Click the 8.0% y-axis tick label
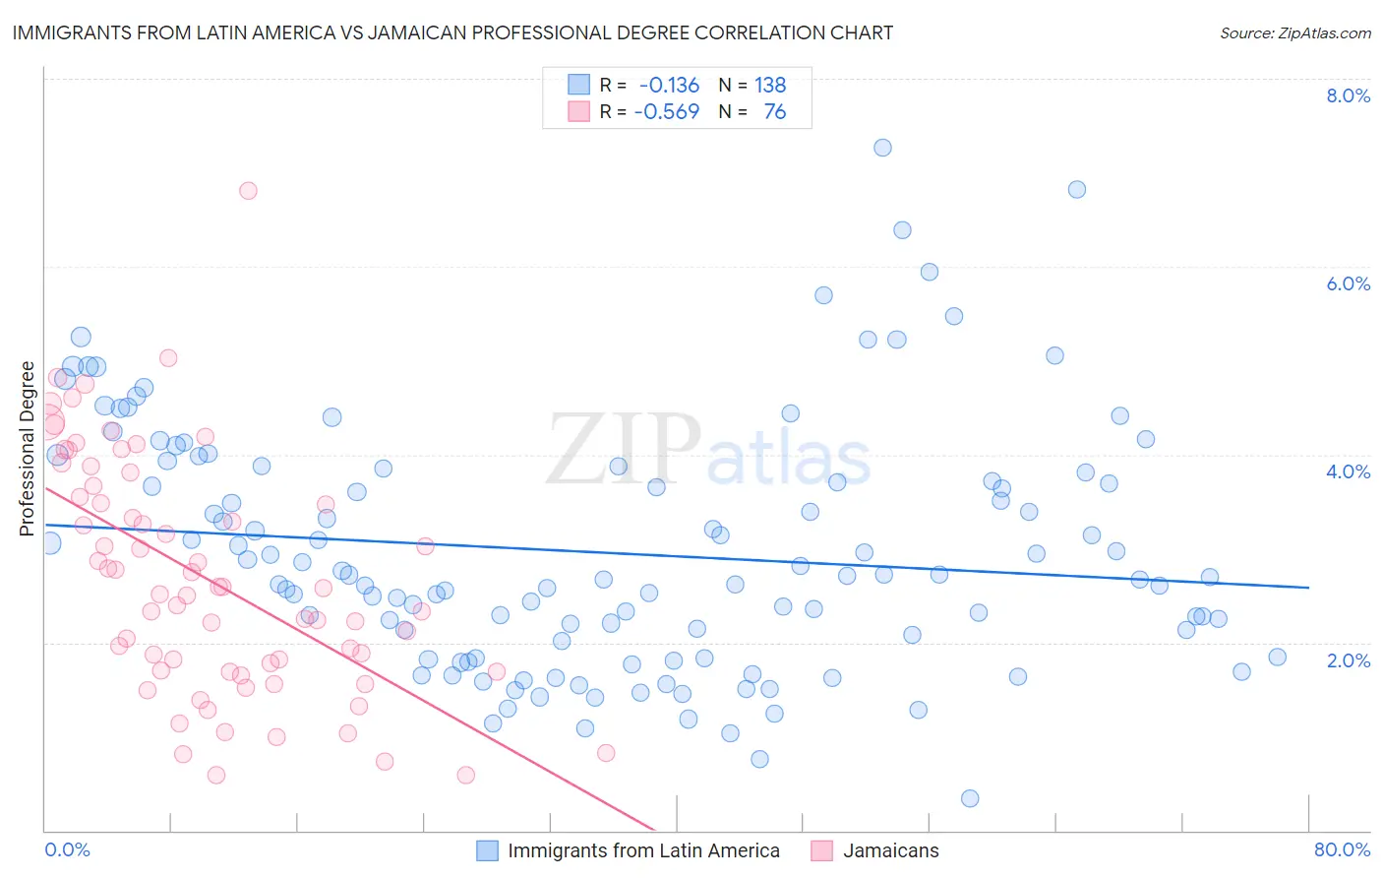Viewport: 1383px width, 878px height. [x=1348, y=95]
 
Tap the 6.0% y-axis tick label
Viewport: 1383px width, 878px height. [x=1348, y=283]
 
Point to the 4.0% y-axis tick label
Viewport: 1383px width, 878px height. [x=1348, y=471]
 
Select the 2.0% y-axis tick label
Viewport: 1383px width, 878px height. [x=1348, y=660]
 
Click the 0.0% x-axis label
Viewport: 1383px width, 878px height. [x=67, y=849]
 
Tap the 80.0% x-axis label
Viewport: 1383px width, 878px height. [x=1342, y=849]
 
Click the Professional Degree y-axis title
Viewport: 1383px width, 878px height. [x=27, y=449]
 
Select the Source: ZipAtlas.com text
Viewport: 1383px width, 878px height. [x=1294, y=32]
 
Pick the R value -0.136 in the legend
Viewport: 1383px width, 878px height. [x=669, y=85]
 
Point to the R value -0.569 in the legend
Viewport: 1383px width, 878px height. [x=667, y=111]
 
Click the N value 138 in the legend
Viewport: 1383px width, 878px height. [x=770, y=85]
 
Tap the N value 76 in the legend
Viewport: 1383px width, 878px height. [x=775, y=111]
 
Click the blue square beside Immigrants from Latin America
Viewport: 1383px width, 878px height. [x=488, y=850]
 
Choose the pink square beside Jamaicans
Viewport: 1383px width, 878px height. [x=822, y=850]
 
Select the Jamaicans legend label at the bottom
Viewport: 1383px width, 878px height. [x=890, y=850]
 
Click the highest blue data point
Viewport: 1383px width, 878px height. [x=882, y=148]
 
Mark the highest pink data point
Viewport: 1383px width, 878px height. [x=248, y=190]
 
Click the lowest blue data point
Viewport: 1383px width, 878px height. [x=970, y=798]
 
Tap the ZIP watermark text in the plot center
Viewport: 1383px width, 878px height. [x=624, y=450]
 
